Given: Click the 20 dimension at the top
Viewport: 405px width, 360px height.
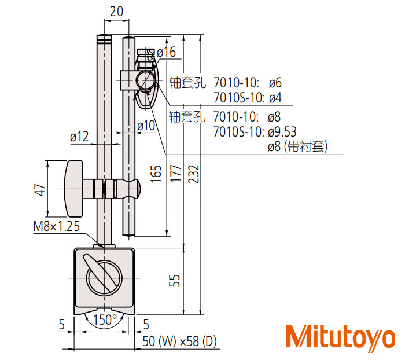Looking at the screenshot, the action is [116, 12].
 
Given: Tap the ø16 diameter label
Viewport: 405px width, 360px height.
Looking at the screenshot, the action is [167, 52].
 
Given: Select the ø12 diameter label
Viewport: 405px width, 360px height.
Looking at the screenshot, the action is [79, 137].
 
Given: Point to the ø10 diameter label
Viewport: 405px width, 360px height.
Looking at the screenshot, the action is [146, 126].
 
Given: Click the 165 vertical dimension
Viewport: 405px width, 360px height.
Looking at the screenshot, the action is [156, 174].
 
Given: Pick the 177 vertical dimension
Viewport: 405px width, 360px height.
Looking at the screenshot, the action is [175, 174].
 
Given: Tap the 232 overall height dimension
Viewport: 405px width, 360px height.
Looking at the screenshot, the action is [193, 174].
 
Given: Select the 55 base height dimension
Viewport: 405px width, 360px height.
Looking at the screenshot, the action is [174, 280].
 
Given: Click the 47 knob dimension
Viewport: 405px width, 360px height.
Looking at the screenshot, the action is [40, 190].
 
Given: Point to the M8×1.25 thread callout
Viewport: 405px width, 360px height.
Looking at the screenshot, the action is [57, 226].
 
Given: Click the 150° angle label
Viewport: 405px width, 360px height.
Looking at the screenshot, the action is [105, 319].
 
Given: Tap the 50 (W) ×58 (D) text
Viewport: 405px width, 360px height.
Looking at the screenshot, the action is [179, 341].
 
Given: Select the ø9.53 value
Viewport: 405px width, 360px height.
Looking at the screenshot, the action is [282, 132].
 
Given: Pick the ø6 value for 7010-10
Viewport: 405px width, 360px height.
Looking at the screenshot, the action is [275, 83].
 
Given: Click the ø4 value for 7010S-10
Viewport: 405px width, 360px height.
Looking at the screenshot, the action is [275, 98].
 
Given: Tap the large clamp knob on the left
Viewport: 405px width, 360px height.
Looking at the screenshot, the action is [73, 189].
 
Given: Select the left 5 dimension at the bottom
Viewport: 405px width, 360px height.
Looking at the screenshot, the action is [61, 324].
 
